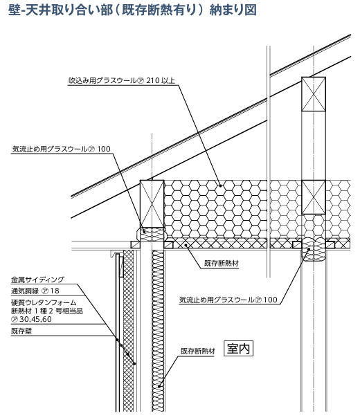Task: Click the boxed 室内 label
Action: pyautogui.click(x=238, y=349)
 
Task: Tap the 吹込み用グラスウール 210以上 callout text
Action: pyautogui.click(x=122, y=80)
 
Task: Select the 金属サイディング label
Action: pyautogui.click(x=37, y=280)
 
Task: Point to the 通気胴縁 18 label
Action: pyautogui.click(x=35, y=291)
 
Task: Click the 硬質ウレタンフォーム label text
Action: pyautogui.click(x=44, y=302)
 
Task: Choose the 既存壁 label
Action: pyautogui.click(x=21, y=331)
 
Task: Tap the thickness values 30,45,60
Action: pyautogui.click(x=35, y=319)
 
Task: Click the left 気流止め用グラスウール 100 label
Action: pyautogui.click(x=62, y=149)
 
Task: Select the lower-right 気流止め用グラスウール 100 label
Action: pyautogui.click(x=228, y=300)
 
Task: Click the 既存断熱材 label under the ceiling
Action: pyautogui.click(x=222, y=264)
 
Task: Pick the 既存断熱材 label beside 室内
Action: pyautogui.click(x=198, y=351)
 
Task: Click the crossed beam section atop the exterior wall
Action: pyautogui.click(x=152, y=204)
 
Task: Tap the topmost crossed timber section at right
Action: pyautogui.click(x=314, y=94)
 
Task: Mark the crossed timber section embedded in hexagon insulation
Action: pyautogui.click(x=314, y=197)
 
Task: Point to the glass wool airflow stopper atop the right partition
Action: pyautogui.click(x=314, y=249)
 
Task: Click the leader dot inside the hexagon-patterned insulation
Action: pyautogui.click(x=220, y=185)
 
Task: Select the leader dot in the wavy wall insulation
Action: pyautogui.click(x=159, y=386)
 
